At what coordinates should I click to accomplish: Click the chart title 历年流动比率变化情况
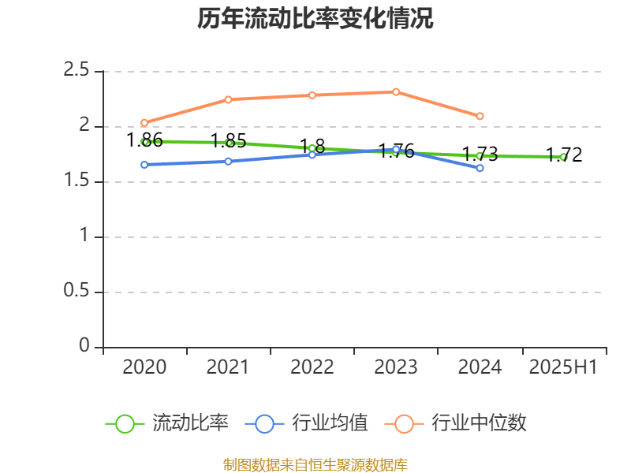(315, 19)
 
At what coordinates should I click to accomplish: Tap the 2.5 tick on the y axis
(77, 71)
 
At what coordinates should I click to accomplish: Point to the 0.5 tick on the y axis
(77, 292)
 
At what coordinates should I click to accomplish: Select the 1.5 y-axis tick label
(77, 181)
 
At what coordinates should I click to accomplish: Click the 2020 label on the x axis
(144, 367)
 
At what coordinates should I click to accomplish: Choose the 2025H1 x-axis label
(563, 367)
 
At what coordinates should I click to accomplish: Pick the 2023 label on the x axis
(396, 367)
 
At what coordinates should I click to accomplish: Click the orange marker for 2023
(396, 91)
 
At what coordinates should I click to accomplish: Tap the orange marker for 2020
(144, 122)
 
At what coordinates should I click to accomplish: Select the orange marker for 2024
(480, 116)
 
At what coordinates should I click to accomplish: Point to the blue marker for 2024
(480, 168)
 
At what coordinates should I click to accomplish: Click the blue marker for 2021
(228, 161)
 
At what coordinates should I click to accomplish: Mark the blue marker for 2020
(144, 165)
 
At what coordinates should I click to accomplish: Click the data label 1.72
(564, 155)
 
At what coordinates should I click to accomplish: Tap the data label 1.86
(144, 140)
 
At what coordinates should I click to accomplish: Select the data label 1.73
(480, 154)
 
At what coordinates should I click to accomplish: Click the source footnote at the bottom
(315, 464)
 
